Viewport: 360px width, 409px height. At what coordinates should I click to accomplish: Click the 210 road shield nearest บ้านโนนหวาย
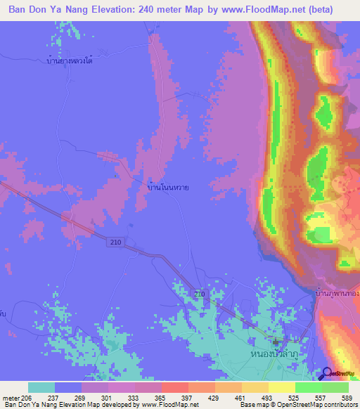(116, 241)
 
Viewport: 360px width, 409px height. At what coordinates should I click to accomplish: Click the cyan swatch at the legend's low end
(41, 387)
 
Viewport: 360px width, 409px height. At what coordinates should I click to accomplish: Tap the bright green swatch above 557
(309, 387)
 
